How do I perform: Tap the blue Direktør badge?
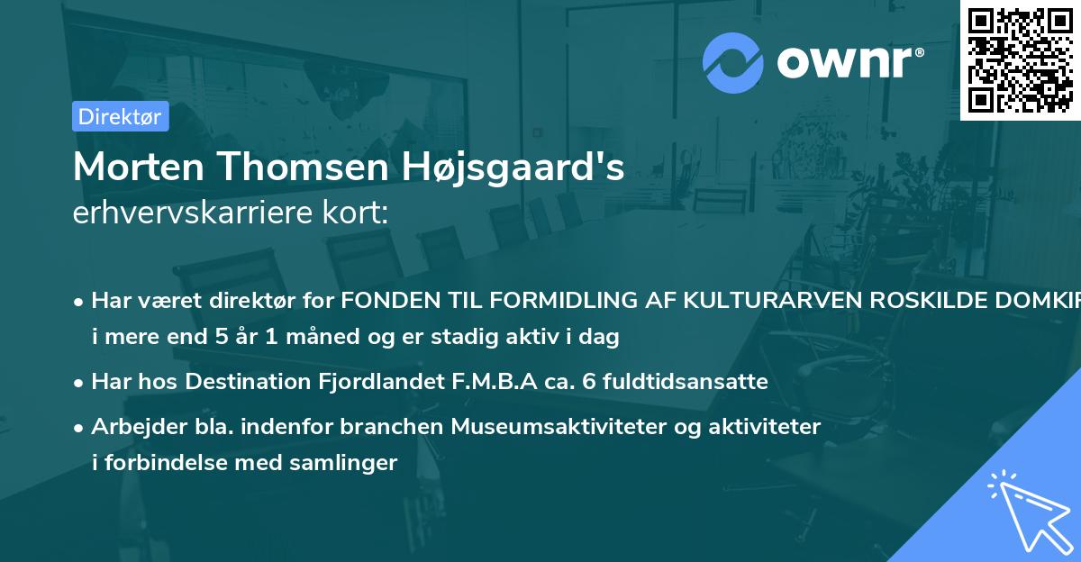[120, 116]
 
